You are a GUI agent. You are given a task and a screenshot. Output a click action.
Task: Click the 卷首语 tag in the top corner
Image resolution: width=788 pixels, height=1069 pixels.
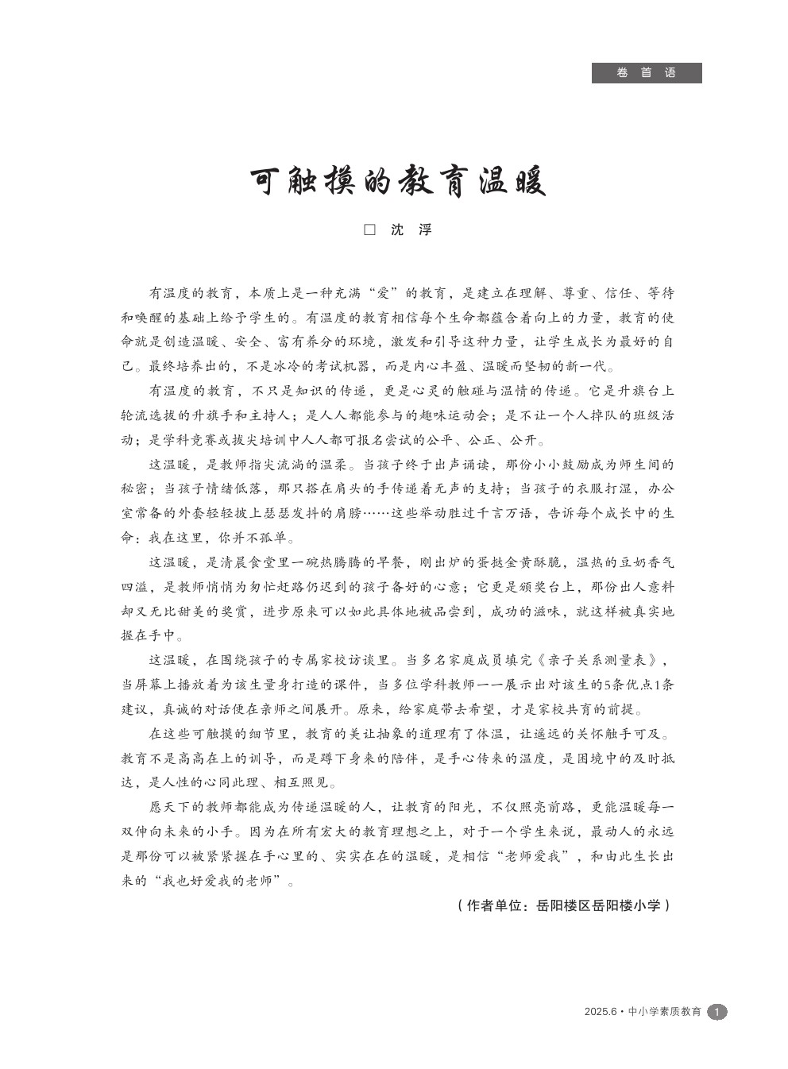point(646,73)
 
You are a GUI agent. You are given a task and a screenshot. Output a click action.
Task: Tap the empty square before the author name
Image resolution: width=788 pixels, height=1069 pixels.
point(369,230)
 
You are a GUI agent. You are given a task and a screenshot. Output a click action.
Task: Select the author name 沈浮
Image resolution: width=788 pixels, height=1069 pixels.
point(411,230)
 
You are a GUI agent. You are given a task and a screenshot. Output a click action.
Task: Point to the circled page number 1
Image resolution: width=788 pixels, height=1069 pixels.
point(717,1012)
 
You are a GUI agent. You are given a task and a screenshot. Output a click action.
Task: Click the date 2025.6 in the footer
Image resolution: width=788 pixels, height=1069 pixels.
point(600,1012)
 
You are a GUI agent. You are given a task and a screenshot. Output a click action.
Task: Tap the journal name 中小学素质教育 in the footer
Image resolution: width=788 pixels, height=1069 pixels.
point(665,1012)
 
